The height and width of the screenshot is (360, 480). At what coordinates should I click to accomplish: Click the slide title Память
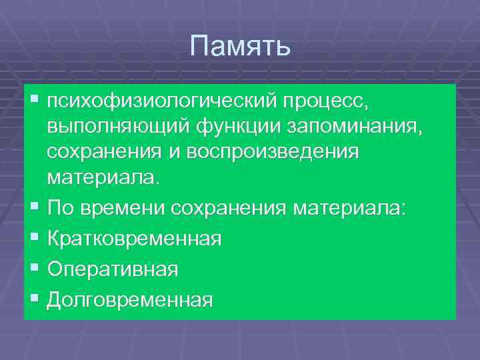[x=240, y=47]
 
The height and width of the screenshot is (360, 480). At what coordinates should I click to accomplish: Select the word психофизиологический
[x=161, y=102]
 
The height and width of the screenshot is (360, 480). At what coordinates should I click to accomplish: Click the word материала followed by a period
[x=103, y=178]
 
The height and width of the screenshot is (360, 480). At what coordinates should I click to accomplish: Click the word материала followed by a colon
[x=349, y=207]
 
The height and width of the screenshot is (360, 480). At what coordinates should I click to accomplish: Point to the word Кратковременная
[x=134, y=238]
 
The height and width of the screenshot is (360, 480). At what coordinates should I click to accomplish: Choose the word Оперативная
[x=113, y=269]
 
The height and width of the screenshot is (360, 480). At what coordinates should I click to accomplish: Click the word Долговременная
[x=130, y=299]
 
